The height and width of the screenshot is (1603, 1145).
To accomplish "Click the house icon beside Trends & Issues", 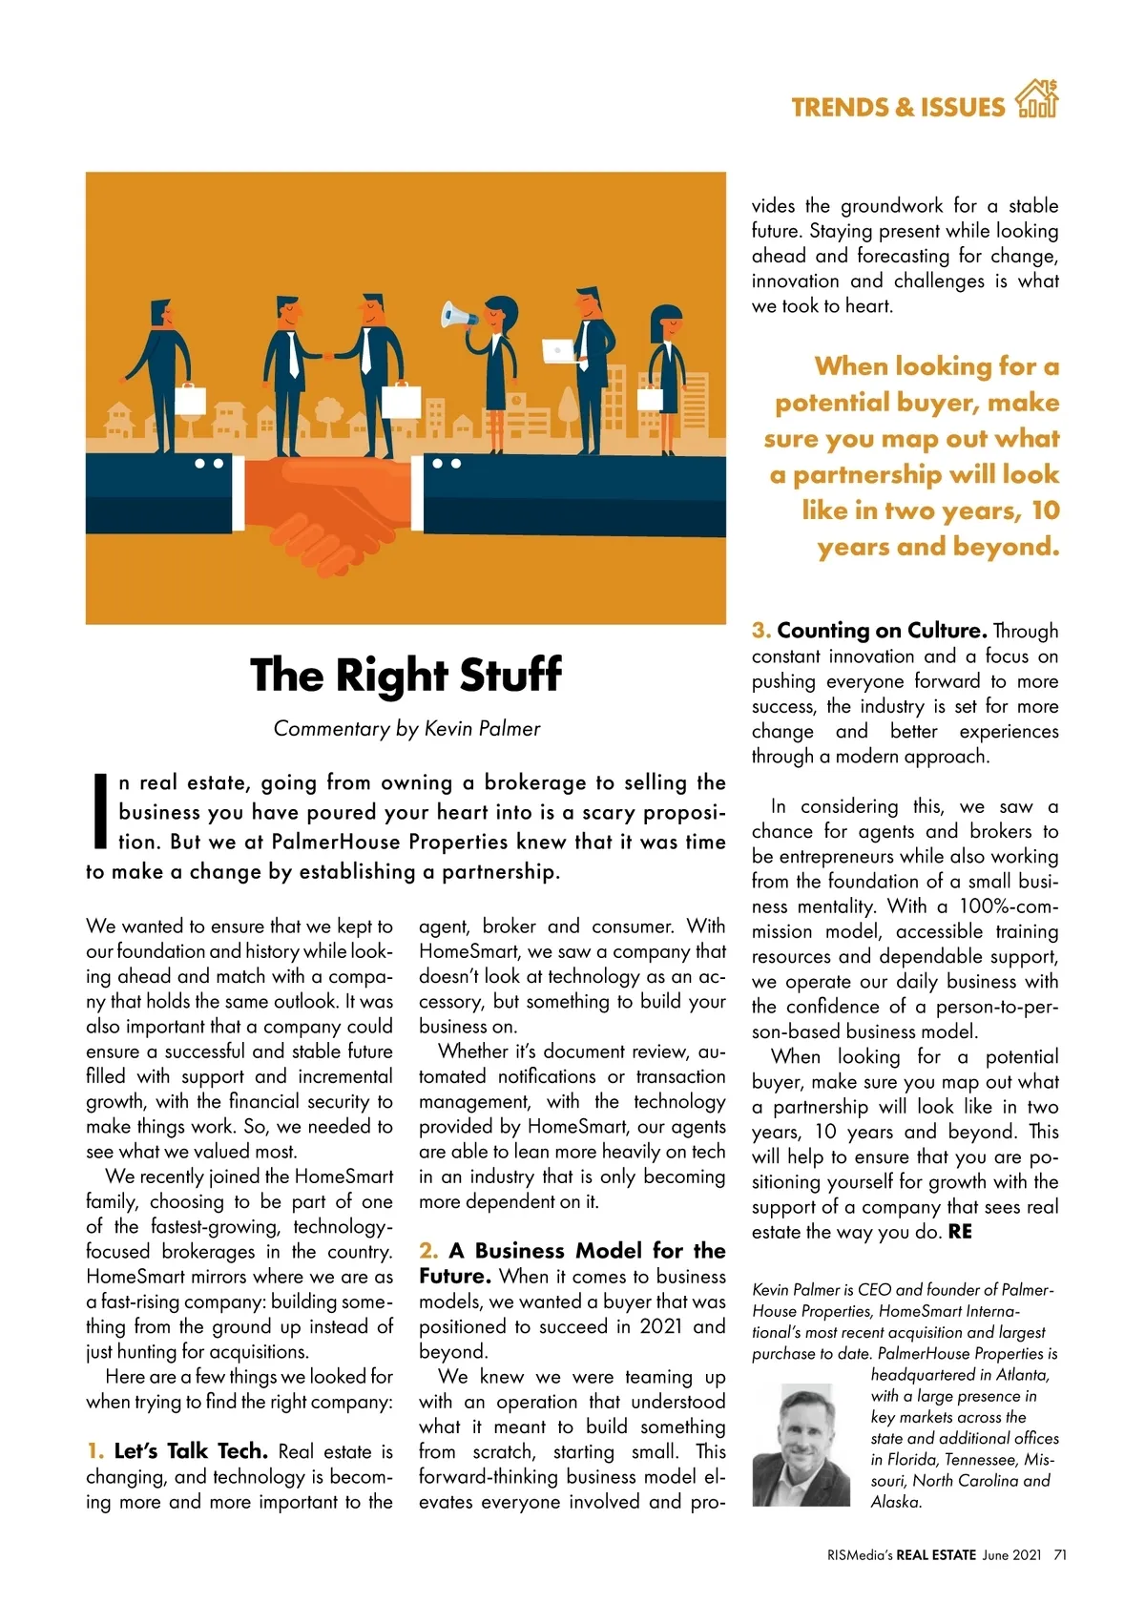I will [1036, 99].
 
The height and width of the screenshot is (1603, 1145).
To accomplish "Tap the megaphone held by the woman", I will [457, 315].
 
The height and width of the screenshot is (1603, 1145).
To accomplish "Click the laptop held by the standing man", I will [556, 351].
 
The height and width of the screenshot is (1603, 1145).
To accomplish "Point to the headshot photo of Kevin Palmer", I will [801, 1445].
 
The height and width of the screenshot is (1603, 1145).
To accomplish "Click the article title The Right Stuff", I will [406, 675].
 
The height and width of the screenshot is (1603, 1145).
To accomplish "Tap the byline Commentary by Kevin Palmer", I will [406, 729].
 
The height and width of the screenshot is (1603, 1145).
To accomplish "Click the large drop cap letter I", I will [98, 810].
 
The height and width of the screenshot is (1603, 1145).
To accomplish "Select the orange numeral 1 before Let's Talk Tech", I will [94, 1451].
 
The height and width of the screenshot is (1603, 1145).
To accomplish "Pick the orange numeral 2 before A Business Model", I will [428, 1251].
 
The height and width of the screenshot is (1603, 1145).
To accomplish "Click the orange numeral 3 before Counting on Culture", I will [760, 631].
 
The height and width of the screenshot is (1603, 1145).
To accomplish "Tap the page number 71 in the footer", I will [1059, 1554].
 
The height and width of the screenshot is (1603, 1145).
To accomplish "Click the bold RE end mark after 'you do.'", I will [960, 1232].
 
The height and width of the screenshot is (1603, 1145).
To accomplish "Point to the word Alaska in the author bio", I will [896, 1502].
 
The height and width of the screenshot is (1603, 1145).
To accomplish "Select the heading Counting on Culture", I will [881, 631].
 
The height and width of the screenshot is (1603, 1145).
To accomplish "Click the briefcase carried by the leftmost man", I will [190, 398].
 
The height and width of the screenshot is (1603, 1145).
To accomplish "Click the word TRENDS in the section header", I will [840, 107].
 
